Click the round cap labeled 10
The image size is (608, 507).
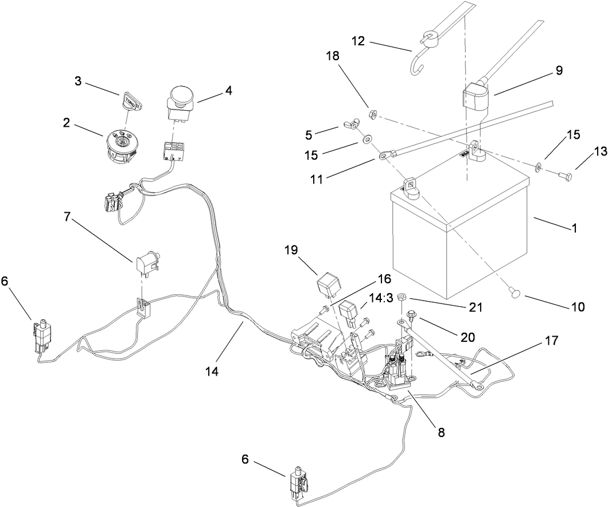click(x=514, y=293)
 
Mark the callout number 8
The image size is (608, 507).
click(x=441, y=432)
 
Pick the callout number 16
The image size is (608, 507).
click(x=384, y=279)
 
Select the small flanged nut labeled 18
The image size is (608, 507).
click(x=372, y=115)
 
